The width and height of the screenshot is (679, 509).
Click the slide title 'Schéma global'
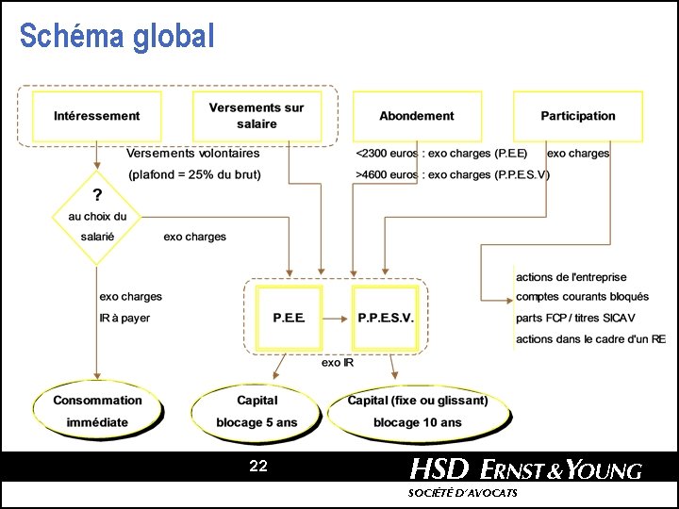117,36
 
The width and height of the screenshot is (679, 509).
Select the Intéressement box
97,116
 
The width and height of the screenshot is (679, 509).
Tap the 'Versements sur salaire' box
257,116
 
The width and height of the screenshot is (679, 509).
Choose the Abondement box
416,116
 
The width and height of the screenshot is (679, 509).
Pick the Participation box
577,116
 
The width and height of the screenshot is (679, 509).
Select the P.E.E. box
289,318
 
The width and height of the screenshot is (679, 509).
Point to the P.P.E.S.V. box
385,318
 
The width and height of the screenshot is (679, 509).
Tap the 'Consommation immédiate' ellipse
97,411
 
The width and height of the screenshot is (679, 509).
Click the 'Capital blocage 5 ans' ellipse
257,411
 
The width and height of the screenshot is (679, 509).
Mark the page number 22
258,466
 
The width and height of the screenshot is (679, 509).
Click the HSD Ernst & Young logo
525,468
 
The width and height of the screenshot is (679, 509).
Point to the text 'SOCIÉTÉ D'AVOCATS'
462,494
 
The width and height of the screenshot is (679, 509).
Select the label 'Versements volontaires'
193,153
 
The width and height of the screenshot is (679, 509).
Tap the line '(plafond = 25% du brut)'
194,174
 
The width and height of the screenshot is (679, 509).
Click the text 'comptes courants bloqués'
582,297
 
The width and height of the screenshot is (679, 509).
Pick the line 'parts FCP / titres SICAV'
576,318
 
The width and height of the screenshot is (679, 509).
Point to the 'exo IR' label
337,363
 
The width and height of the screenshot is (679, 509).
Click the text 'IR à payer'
124,318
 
